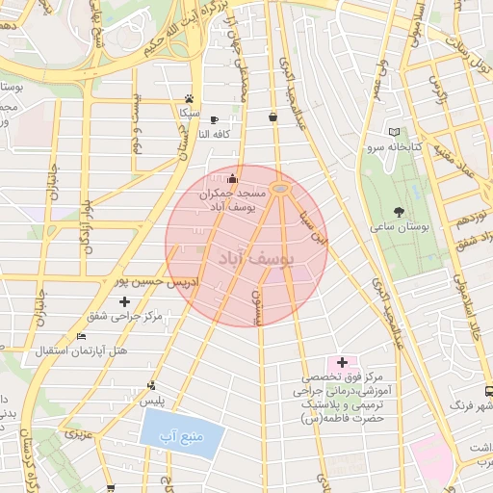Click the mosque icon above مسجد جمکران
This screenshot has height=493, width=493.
[231, 179]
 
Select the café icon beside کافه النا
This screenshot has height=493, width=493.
[200, 119]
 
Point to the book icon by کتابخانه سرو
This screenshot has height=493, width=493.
[392, 132]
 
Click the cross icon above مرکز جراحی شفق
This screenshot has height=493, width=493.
[123, 301]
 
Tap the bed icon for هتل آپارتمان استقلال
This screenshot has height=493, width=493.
[81, 336]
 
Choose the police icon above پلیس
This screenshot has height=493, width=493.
[151, 384]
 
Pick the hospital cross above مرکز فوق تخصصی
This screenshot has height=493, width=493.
[342, 362]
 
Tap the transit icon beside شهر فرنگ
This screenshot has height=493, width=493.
[488, 391]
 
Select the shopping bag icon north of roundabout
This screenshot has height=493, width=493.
[273, 117]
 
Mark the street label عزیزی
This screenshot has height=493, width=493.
[76, 435]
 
